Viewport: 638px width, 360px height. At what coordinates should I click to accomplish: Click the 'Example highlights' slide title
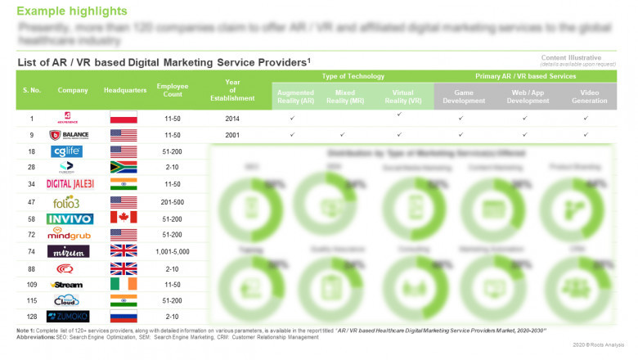(x=72, y=11)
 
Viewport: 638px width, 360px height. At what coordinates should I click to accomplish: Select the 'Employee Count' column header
(x=173, y=90)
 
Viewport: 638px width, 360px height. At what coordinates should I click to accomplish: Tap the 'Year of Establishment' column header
(x=232, y=90)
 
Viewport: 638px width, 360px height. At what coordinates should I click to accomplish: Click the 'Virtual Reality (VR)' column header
(x=402, y=97)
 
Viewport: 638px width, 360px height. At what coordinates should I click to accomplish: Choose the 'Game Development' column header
(x=464, y=97)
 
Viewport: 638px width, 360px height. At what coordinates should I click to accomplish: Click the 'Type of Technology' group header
(x=353, y=76)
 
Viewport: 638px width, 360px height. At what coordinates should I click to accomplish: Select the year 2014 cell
(x=232, y=119)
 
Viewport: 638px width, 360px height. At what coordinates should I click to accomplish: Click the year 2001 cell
(x=232, y=135)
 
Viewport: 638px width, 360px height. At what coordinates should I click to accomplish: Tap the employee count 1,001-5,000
(x=173, y=251)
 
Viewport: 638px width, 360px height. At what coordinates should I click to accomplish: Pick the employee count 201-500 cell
(x=173, y=201)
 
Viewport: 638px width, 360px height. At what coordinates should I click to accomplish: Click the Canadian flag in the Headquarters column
(x=123, y=218)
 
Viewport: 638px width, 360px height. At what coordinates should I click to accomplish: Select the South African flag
(x=123, y=168)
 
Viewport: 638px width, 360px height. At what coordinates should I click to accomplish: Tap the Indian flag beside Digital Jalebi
(x=123, y=184)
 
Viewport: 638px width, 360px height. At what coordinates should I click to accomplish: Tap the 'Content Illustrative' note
(x=571, y=58)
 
